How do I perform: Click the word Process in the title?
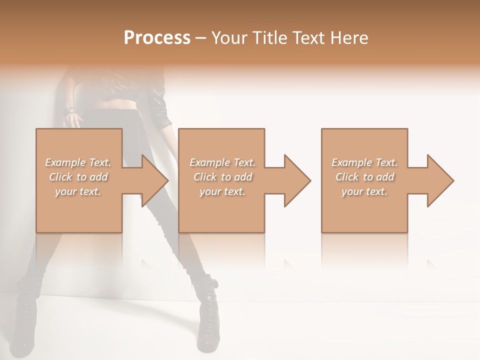[157, 38]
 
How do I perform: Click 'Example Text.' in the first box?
[78, 162]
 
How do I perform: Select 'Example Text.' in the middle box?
[222, 162]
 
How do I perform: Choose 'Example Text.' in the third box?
[364, 162]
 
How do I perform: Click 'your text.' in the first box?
[78, 191]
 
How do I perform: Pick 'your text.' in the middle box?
[222, 191]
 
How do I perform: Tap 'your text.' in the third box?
[364, 191]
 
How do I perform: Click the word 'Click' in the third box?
[347, 177]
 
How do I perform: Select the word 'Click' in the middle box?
[205, 177]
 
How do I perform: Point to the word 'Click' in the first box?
[60, 177]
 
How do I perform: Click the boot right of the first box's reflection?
[207, 315]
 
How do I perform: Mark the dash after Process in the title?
[201, 38]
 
